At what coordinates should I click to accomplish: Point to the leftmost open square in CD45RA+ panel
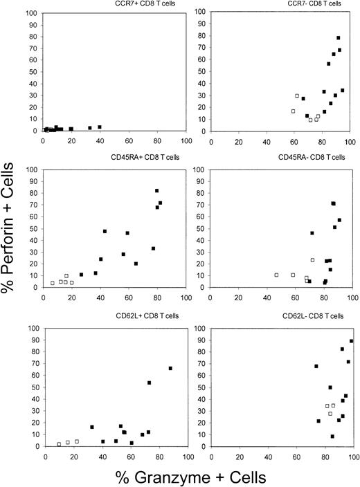[x=53, y=283]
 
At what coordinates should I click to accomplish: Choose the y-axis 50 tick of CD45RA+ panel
[x=37, y=228]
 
